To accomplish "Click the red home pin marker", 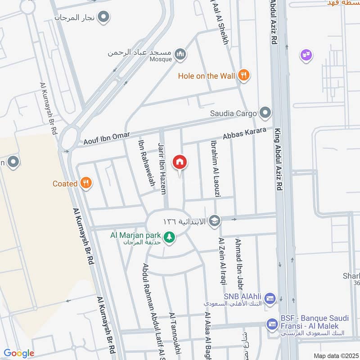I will point(180,162).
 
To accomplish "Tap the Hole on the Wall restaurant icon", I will point(244,76).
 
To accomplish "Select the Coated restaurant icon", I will point(85,183).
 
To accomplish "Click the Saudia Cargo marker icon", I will point(265,113).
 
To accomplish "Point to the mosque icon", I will point(180,54).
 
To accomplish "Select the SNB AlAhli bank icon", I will point(270,298).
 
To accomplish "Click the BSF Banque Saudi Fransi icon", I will point(272,324).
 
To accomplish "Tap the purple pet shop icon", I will point(306,56).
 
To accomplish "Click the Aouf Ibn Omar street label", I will point(107,139).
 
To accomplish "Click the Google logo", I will point(19,353).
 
